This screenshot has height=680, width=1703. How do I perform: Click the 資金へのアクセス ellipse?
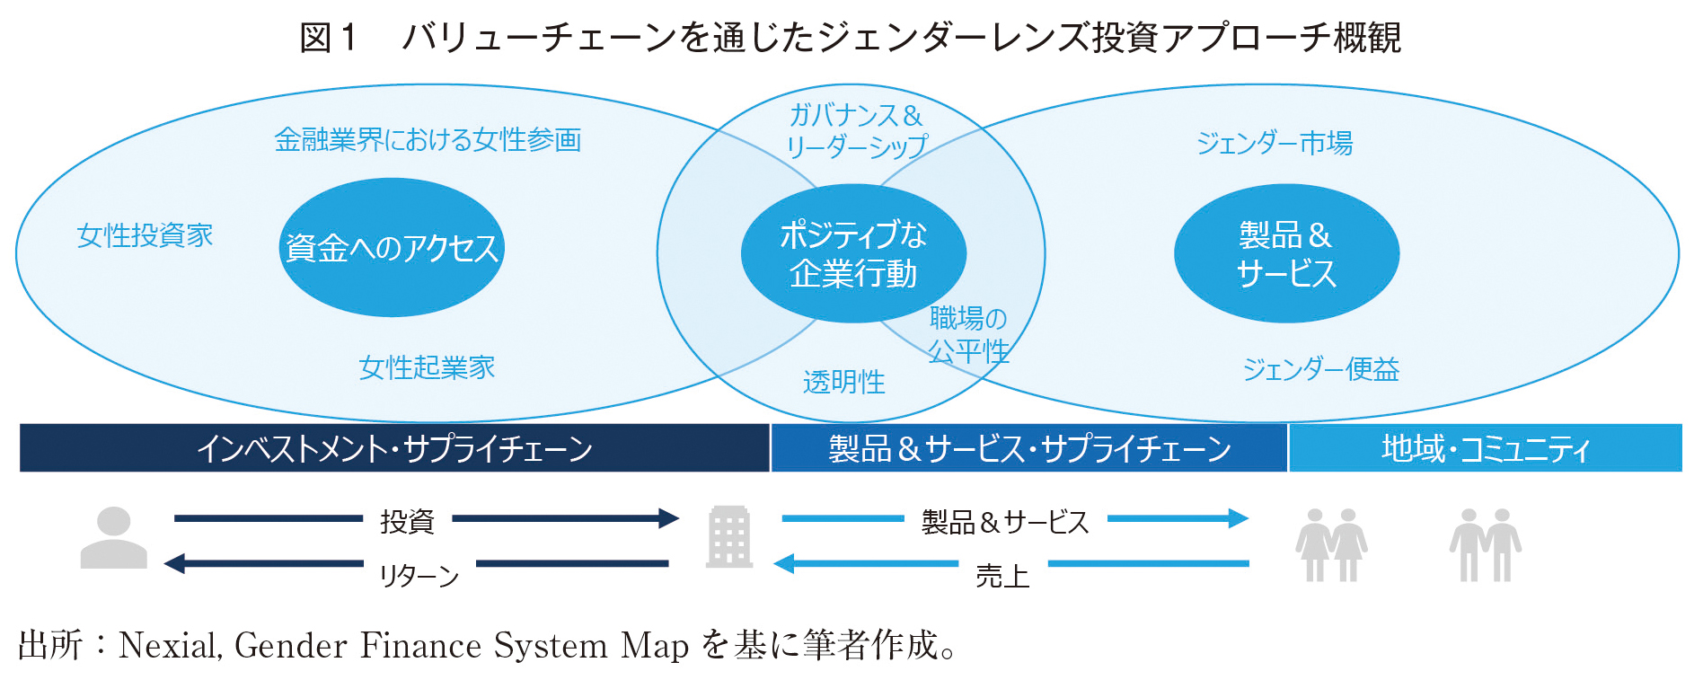tap(392, 247)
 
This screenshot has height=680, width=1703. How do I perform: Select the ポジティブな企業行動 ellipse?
tap(853, 253)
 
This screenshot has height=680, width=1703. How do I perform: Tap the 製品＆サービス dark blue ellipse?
tap(1286, 253)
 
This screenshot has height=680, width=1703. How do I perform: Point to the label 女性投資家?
tap(145, 235)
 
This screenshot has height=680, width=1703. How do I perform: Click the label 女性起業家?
tap(427, 367)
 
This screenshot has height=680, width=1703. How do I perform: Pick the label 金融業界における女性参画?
tap(428, 140)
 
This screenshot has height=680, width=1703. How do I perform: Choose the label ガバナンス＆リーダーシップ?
tap(856, 131)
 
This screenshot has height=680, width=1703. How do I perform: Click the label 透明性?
tap(844, 383)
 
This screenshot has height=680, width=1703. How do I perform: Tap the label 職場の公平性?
tap(968, 334)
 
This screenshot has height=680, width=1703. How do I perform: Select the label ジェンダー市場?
tap(1275, 143)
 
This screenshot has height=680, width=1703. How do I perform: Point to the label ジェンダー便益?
tap(1321, 369)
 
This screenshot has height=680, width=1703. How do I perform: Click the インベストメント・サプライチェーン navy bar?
tap(394, 448)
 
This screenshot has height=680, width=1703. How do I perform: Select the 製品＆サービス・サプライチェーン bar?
tap(1029, 448)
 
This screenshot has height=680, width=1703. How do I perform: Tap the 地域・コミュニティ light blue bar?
tap(1486, 448)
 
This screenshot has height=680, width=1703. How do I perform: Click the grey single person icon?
tap(113, 537)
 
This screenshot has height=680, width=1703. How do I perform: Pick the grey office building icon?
tap(729, 537)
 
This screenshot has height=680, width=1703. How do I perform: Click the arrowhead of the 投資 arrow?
tap(669, 518)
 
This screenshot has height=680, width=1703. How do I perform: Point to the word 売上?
tap(1002, 576)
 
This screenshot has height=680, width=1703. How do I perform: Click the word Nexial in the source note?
tap(168, 646)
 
